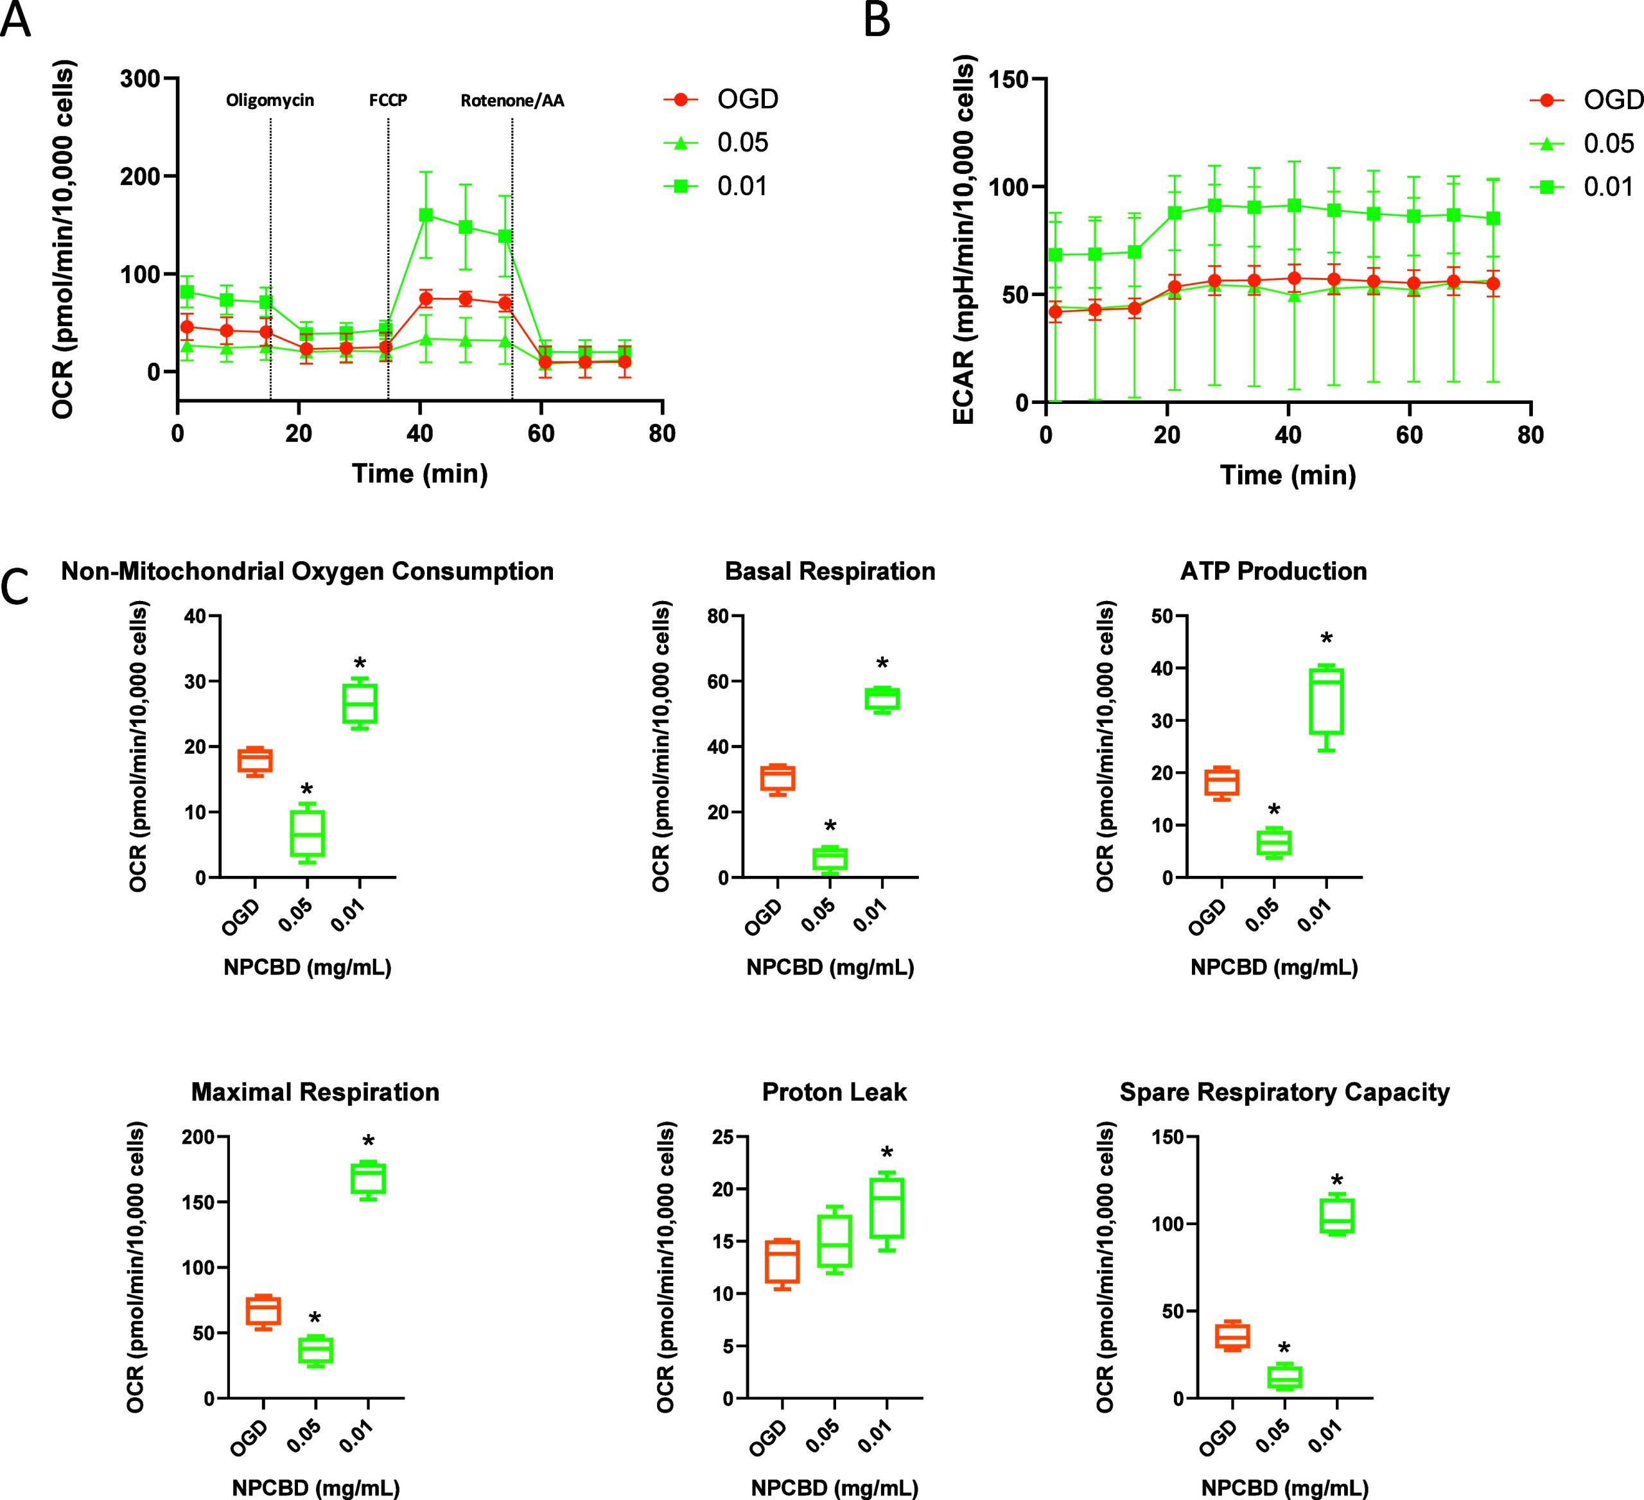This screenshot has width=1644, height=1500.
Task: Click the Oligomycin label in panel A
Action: pos(270,101)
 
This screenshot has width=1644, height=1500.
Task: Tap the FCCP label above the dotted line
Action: pos(388,101)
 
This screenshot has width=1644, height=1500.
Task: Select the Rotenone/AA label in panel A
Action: pos(512,101)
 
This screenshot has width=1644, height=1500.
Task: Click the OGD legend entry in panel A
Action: pos(747,100)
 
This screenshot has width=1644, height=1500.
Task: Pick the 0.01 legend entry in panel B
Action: pos(1608,187)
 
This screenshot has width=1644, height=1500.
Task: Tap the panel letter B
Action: pos(877,21)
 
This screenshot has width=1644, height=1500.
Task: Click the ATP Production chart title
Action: pos(1273,571)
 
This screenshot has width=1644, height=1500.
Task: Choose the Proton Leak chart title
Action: pos(834,1092)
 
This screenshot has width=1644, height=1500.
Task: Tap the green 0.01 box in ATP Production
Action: pos(1326,701)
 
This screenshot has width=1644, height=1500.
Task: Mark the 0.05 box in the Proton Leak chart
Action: pos(834,1240)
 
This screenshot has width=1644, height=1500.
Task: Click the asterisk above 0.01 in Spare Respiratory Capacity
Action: pos(1336,1182)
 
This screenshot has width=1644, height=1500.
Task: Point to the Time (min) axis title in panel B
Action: pos(1288,475)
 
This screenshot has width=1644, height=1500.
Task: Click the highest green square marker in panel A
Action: pos(425,215)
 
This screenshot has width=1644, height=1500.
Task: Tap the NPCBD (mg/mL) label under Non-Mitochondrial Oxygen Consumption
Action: pos(308,968)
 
